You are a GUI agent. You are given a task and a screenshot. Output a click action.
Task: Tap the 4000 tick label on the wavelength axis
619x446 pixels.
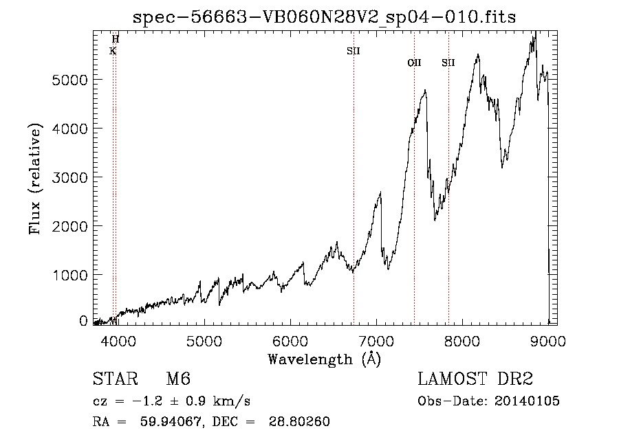click(117, 341)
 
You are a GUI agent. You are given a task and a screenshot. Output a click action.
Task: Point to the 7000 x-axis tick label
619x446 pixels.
click(376, 341)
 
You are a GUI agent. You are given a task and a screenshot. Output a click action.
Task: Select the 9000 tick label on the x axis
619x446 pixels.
click(548, 341)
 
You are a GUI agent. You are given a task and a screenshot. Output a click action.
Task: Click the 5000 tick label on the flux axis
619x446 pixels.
click(69, 80)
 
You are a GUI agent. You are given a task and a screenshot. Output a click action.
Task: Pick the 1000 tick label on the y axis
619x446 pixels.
click(69, 275)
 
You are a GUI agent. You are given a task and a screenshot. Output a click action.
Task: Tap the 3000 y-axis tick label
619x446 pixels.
click(69, 177)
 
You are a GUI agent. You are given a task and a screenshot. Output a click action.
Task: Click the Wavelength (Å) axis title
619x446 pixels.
click(324, 359)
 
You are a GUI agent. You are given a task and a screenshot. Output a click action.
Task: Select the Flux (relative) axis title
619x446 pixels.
click(34, 179)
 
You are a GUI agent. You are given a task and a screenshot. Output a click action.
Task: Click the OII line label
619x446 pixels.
click(414, 63)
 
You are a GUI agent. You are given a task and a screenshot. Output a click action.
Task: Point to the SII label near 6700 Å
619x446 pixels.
click(354, 51)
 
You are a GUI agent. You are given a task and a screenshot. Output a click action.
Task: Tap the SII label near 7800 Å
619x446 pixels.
click(448, 63)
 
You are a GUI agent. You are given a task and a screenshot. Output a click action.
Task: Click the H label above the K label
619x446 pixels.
click(116, 39)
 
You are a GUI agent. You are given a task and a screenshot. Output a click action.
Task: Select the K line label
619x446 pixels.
click(113, 51)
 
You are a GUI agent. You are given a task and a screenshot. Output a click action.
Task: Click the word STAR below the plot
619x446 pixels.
click(113, 379)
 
